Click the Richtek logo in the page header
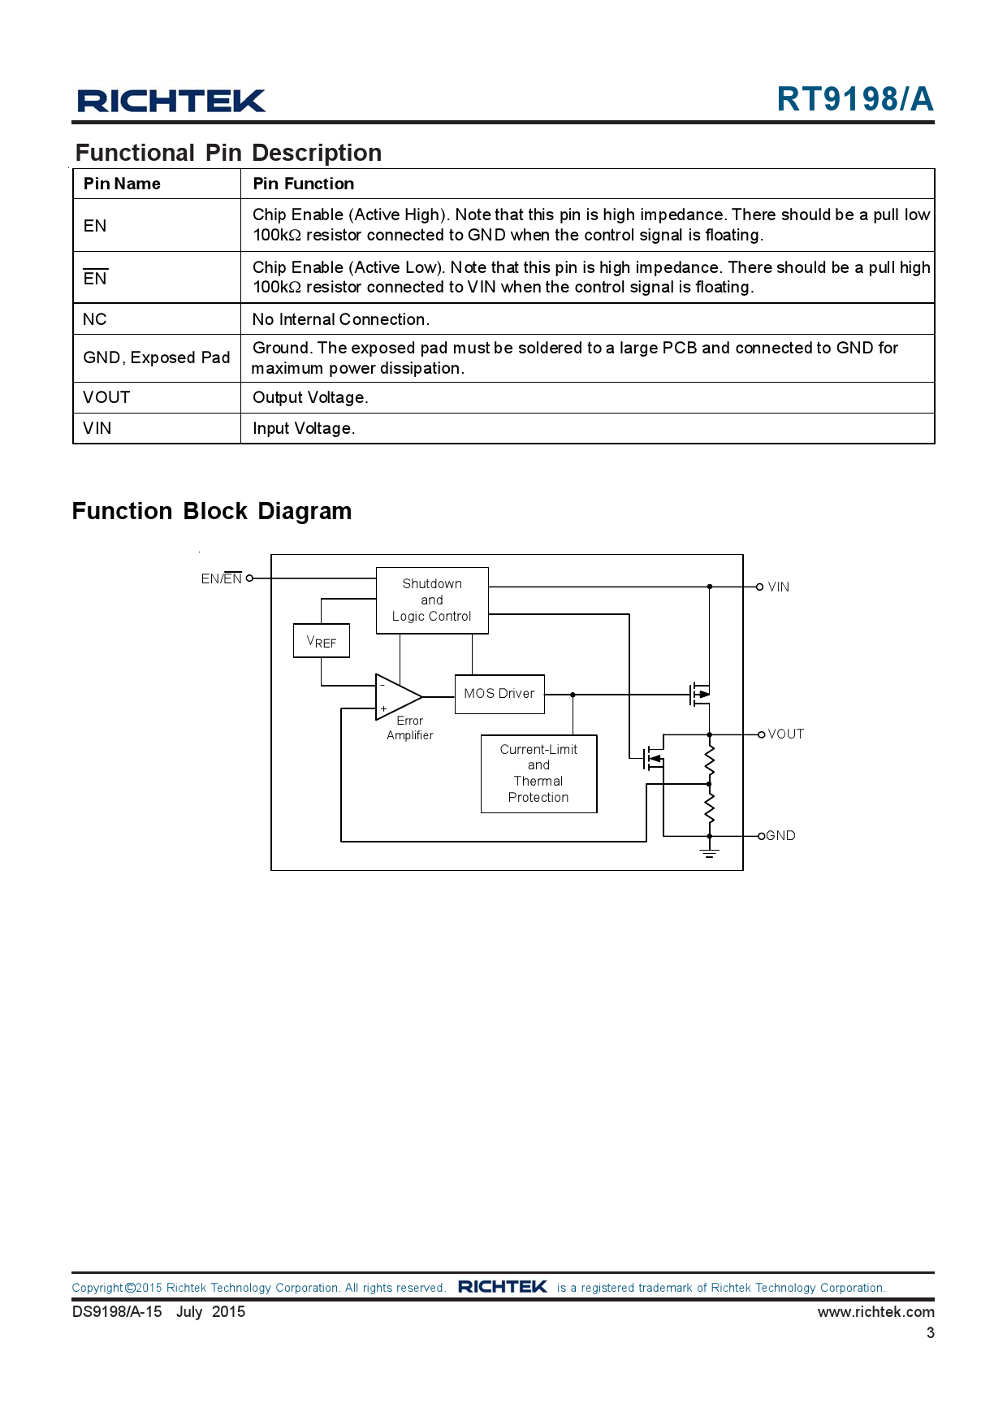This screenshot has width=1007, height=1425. pos(171,101)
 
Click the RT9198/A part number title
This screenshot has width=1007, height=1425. pos(854,99)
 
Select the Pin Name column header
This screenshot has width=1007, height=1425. pos(122,184)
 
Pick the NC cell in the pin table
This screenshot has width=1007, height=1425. pos(95,319)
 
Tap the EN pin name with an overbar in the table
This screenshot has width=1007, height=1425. pos(95,278)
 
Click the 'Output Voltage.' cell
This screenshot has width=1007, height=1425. pos(310,397)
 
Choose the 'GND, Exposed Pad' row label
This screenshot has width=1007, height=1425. pos(157,357)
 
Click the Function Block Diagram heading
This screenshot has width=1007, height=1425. pos(212,511)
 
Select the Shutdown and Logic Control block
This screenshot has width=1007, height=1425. pos(432,600)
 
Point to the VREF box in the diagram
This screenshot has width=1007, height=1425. pos(322,641)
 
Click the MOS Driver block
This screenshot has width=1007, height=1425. pos(499,694)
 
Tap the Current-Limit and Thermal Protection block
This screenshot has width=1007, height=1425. pos(538,773)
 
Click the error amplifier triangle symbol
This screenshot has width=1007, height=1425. pos(397,697)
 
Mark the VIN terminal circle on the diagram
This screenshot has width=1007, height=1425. pos(760,587)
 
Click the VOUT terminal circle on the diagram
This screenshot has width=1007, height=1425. pos(761,734)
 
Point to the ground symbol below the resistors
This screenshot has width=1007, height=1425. pos(710,852)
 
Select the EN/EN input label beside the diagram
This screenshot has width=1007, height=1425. pos(222,578)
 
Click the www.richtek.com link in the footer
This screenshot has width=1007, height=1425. pos(875,1312)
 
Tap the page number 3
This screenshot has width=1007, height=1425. pos(930,1333)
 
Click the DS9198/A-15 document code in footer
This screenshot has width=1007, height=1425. pos(117,1312)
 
